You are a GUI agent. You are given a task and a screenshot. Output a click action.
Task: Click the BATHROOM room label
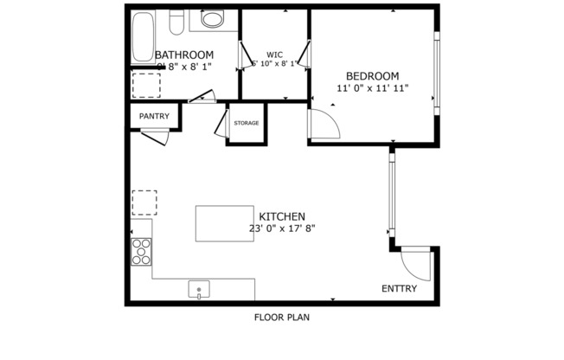(x=184, y=55)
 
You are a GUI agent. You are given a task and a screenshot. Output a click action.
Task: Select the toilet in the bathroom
(x=176, y=20)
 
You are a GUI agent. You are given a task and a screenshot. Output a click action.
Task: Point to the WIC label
(x=274, y=54)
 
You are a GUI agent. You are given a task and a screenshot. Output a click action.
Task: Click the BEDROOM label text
(x=372, y=75)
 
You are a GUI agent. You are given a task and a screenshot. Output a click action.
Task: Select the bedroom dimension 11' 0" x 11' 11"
(x=372, y=88)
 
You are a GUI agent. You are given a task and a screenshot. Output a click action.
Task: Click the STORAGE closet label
(x=246, y=123)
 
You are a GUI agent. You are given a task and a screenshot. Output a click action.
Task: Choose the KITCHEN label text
(x=281, y=216)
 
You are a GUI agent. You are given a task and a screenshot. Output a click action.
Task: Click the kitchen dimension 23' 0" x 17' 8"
(x=281, y=229)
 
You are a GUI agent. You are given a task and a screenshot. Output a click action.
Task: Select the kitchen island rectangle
(x=224, y=223)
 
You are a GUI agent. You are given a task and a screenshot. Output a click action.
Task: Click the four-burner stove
(x=141, y=251)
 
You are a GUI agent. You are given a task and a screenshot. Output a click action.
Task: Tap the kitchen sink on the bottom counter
(x=200, y=290)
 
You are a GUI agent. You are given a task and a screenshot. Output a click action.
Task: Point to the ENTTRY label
(x=400, y=289)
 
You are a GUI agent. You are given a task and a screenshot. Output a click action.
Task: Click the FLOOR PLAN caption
(x=281, y=317)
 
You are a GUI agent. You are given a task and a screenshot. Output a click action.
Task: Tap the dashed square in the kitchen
(x=144, y=202)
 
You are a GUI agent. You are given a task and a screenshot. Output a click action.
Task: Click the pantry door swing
(x=156, y=136)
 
